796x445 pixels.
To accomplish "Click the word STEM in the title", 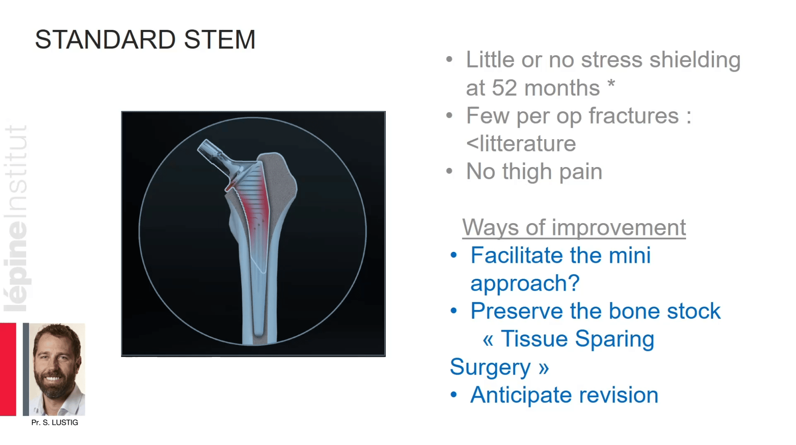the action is point(219,40).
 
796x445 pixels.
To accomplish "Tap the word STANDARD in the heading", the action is point(105,40).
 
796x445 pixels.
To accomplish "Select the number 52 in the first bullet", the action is point(504,88).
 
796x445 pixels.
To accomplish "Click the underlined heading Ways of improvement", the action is point(574,227).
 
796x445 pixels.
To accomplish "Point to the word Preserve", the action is point(517,311).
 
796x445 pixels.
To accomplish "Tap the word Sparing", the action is point(614,340).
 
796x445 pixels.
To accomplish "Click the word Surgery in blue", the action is point(490,367).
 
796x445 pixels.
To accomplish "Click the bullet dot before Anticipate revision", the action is point(454,395).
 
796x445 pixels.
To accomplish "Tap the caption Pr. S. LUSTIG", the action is point(55,422).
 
